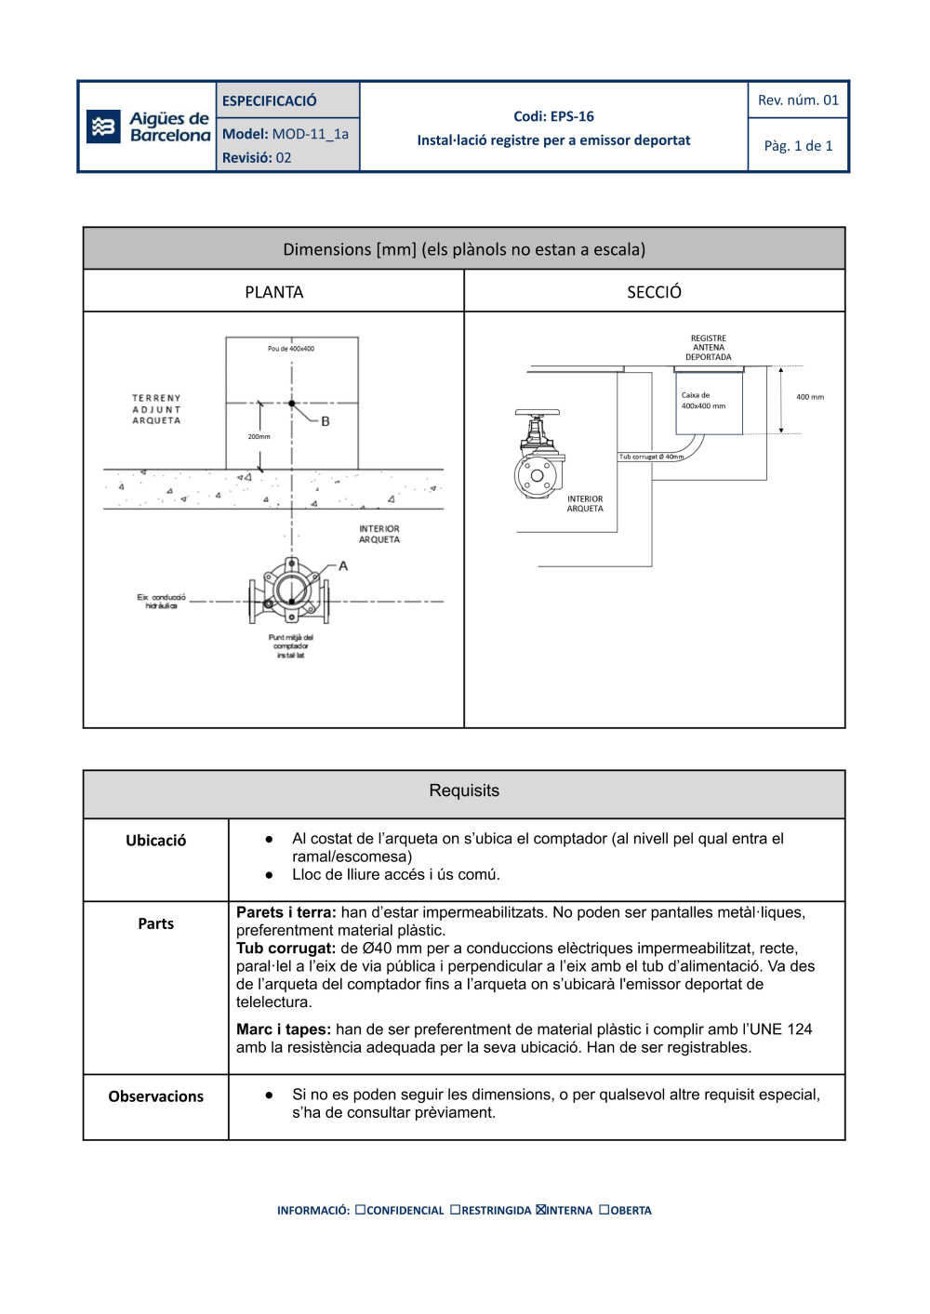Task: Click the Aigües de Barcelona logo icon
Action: point(103,126)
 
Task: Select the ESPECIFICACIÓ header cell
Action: point(269,100)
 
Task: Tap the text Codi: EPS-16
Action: point(553,116)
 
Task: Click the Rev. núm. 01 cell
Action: point(798,100)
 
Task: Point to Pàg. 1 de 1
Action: point(798,146)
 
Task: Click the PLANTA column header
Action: point(273,292)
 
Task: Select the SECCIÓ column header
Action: point(654,292)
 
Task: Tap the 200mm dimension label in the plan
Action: point(259,436)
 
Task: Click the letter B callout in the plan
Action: point(325,421)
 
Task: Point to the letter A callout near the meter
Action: point(343,565)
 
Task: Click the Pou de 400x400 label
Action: point(291,349)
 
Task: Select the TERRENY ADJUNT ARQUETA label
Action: point(156,409)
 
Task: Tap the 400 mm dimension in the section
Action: point(810,397)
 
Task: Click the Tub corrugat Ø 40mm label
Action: point(651,457)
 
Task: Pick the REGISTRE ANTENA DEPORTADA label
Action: point(709,348)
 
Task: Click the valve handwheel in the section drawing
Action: point(538,412)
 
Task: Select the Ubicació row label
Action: point(156,841)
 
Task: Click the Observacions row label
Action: point(156,1096)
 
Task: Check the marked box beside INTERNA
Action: point(540,1210)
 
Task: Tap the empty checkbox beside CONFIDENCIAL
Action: point(360,1210)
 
